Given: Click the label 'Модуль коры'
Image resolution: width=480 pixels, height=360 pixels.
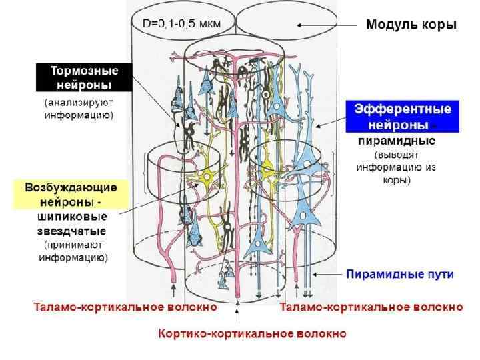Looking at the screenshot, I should click(411, 25).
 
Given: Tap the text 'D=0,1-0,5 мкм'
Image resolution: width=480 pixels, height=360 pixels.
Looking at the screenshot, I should click(181, 24).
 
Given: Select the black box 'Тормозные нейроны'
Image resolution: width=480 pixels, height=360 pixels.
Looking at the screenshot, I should click(84, 77).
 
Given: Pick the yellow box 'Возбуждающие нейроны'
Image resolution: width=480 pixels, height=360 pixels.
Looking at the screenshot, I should click(71, 194).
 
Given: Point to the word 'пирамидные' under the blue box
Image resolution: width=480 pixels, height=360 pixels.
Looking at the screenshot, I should click(397, 141).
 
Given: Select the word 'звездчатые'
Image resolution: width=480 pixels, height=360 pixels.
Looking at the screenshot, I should click(71, 231).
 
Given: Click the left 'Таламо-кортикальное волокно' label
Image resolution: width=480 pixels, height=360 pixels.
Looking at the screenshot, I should click(126, 307).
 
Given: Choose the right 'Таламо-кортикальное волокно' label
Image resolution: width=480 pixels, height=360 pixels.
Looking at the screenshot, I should click(371, 307).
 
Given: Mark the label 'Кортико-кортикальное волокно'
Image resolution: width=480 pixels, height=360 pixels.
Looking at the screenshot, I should click(252, 333).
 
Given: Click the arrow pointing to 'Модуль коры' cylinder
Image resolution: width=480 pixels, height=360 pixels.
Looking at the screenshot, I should click(327, 25).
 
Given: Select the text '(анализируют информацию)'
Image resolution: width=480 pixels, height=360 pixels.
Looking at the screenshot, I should click(79, 109).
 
